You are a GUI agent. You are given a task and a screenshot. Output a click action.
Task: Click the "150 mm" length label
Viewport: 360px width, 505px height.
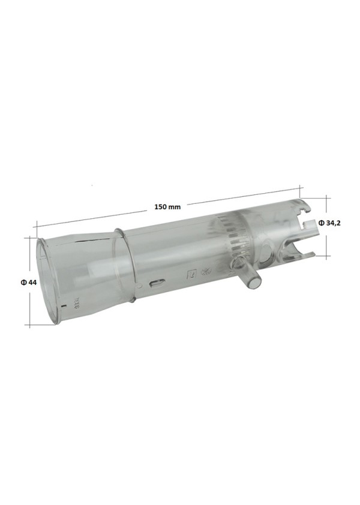(x=167, y=207)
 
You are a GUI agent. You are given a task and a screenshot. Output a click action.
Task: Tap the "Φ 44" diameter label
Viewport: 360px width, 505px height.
(x=28, y=282)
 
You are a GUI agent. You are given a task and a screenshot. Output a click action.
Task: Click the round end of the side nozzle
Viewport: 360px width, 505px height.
(x=254, y=282)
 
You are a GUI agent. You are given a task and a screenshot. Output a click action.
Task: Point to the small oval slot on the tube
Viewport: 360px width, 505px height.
(x=157, y=284)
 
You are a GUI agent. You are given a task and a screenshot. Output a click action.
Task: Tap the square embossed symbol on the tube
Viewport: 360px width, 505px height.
(x=192, y=274)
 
